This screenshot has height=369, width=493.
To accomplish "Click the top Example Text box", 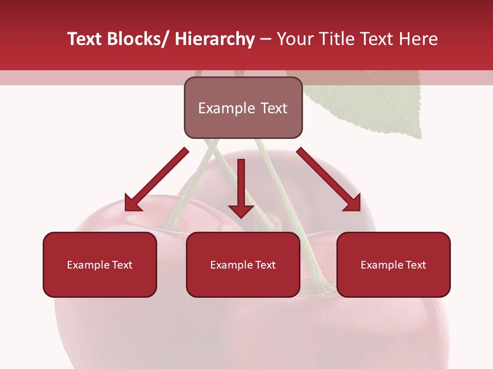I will (243, 108).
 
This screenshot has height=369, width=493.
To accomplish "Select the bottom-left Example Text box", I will (100, 264).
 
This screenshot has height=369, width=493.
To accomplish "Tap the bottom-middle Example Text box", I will (243, 264).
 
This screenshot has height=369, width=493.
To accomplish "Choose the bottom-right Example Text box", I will (393, 264).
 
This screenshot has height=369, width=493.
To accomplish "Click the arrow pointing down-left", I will (157, 179).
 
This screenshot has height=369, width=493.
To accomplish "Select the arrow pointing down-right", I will (329, 179).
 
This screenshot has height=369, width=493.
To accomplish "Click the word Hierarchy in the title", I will (215, 39).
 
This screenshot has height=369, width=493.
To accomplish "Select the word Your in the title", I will (294, 39).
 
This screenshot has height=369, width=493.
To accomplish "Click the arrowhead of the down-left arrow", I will (132, 202).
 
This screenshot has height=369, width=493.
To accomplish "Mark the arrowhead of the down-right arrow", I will (352, 202).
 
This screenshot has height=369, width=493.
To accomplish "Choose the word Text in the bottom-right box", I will (415, 265).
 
